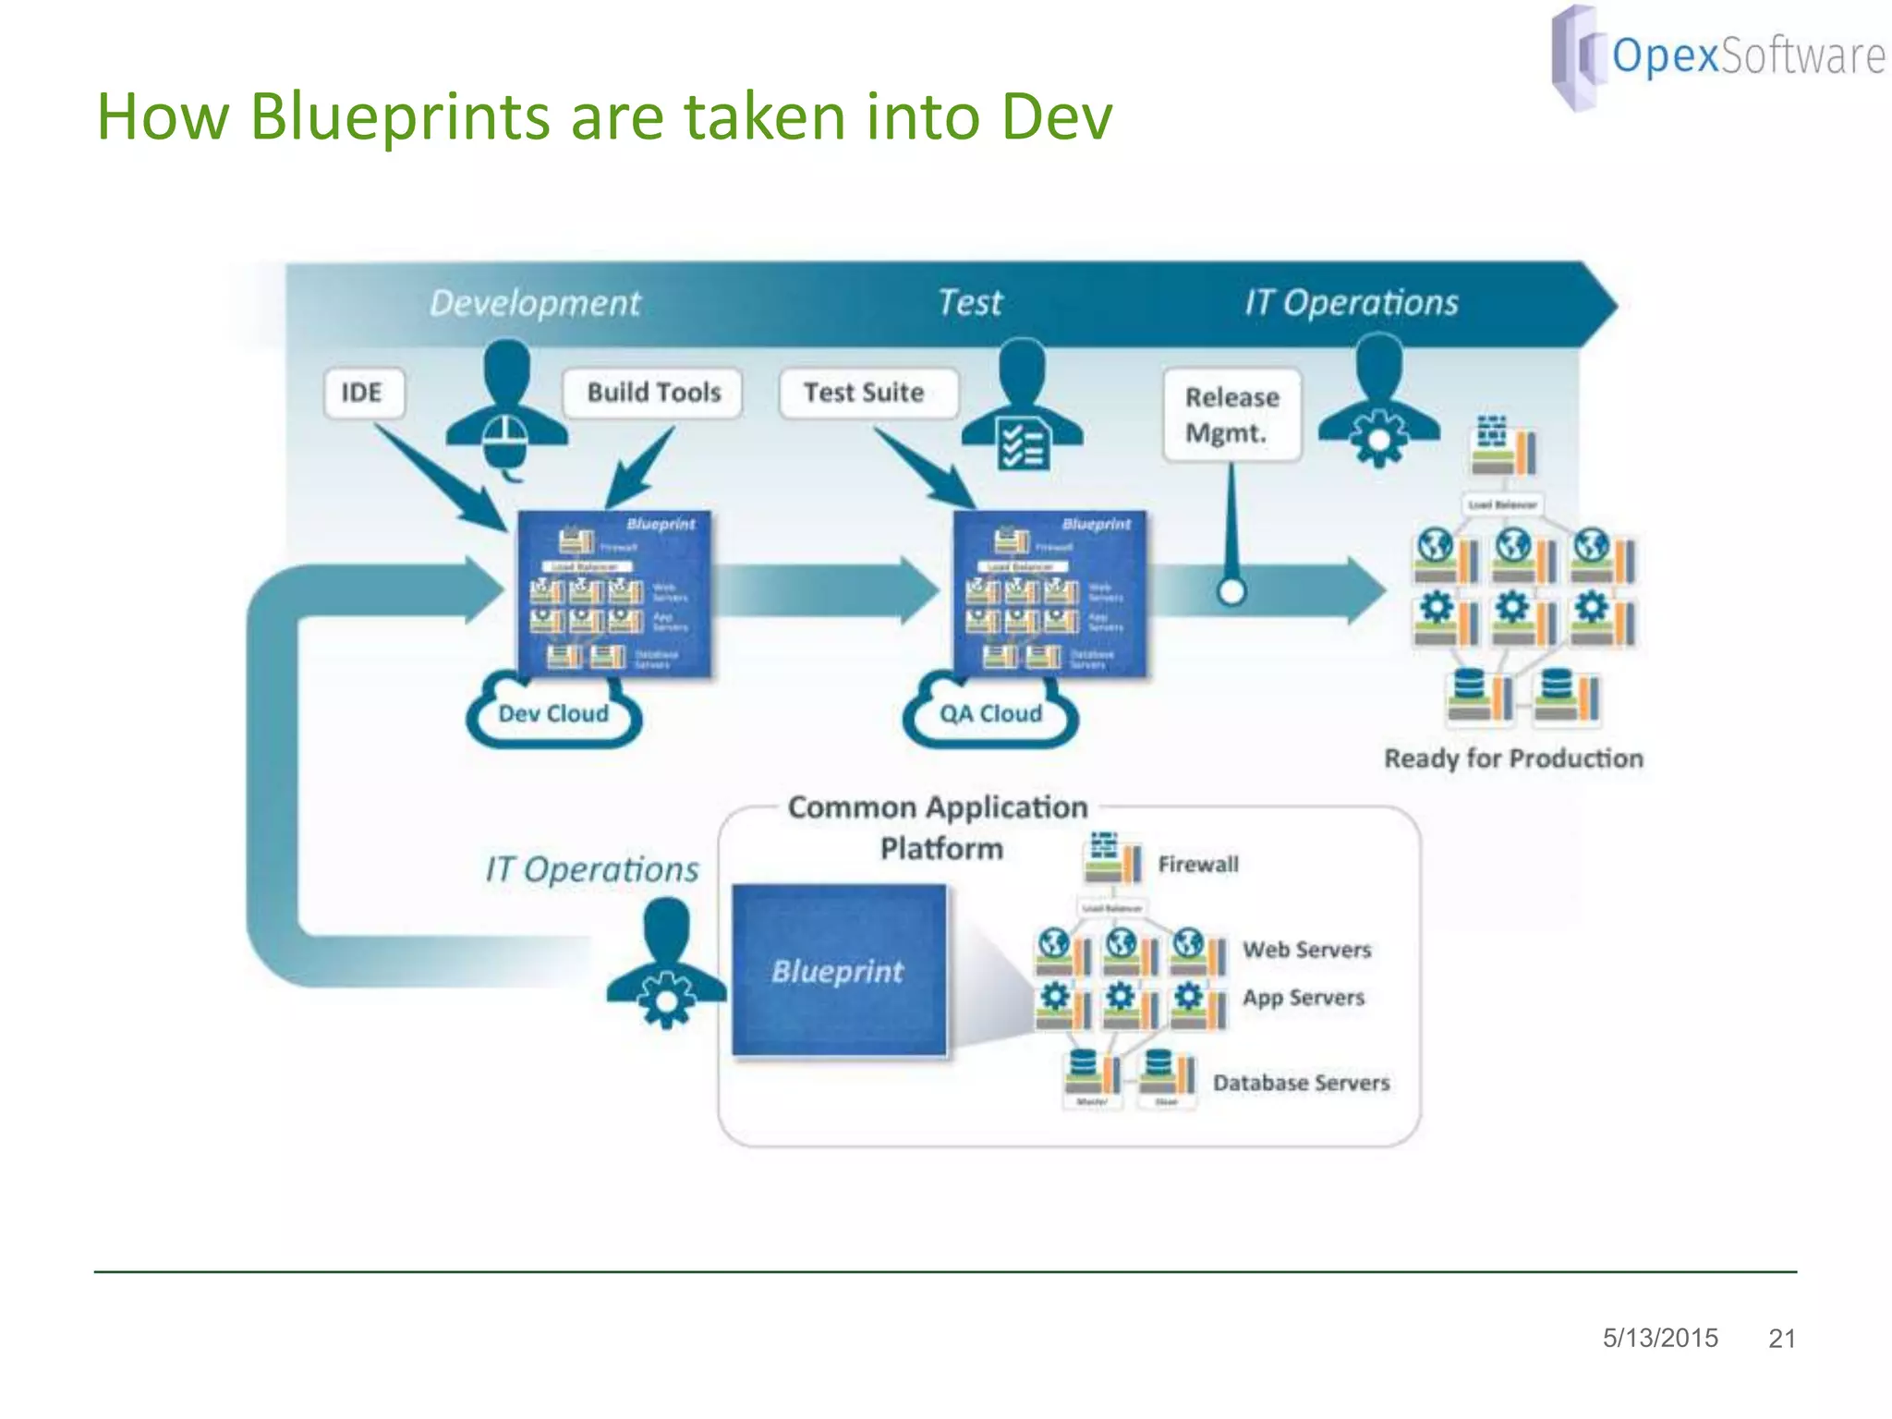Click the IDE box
(362, 394)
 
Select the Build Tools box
(653, 394)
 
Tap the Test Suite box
(866, 394)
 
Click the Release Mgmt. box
(1231, 415)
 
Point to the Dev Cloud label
(553, 714)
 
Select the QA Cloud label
(990, 714)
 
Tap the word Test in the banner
(969, 303)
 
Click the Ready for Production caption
(1513, 758)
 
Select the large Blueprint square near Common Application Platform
(839, 970)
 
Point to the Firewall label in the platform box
(1197, 865)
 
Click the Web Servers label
(1306, 950)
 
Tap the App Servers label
(1303, 998)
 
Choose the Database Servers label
(1301, 1083)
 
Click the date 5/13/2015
(1660, 1338)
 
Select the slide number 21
(1781, 1339)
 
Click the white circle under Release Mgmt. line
(1231, 591)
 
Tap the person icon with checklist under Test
(1023, 406)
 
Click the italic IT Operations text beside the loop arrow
(592, 870)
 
